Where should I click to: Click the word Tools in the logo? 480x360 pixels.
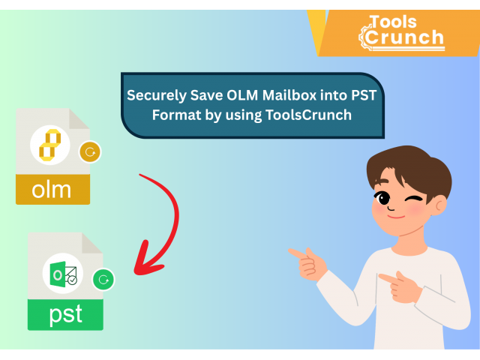point(393,22)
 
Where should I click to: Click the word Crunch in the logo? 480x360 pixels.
point(404,37)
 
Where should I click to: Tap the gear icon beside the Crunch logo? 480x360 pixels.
point(364,37)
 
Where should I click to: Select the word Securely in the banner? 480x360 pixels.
point(157,96)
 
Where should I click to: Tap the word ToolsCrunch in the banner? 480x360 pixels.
point(308,115)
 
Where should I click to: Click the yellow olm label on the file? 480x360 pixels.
point(52,190)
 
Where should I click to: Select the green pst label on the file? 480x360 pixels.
point(65,314)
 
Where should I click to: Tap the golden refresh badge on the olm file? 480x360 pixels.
point(90,151)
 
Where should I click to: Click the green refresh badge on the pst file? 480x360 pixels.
point(103,280)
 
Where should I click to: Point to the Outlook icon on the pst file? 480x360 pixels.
point(63,274)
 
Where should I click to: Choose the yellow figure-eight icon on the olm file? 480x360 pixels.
point(50,145)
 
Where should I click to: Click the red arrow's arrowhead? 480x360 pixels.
point(146,260)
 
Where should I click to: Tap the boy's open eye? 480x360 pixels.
point(383,198)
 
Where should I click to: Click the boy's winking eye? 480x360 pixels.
point(414,199)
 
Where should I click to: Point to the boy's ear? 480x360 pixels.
point(440,205)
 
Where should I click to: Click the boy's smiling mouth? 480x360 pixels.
point(396,217)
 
